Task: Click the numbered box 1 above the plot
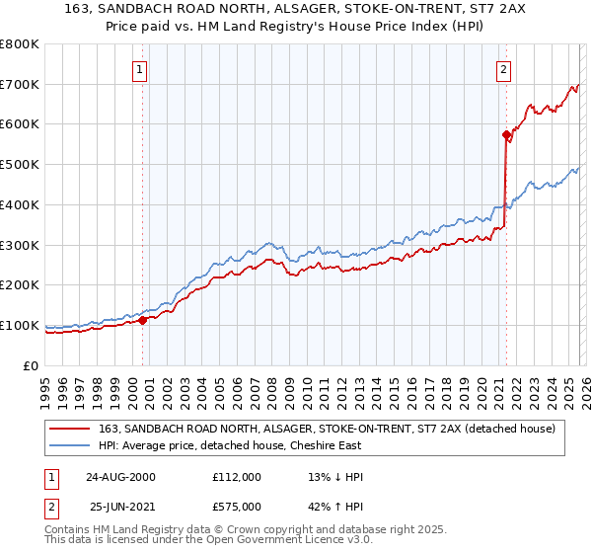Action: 139,70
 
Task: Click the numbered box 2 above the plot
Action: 503,70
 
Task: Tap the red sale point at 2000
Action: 143,320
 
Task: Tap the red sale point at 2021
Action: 506,134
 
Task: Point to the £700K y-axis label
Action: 20,84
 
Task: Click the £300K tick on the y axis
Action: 20,245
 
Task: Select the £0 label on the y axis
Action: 32,365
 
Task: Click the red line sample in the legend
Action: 70,429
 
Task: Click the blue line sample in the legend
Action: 70,445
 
